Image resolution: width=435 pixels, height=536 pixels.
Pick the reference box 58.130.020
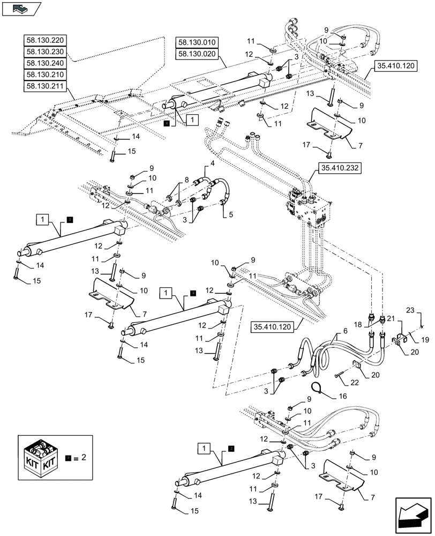pyautogui.click(x=196, y=54)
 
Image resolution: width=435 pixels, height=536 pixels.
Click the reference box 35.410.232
pyautogui.click(x=340, y=168)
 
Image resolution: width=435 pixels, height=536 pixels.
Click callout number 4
pyautogui.click(x=212, y=163)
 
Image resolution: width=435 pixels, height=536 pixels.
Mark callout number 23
pyautogui.click(x=409, y=310)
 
